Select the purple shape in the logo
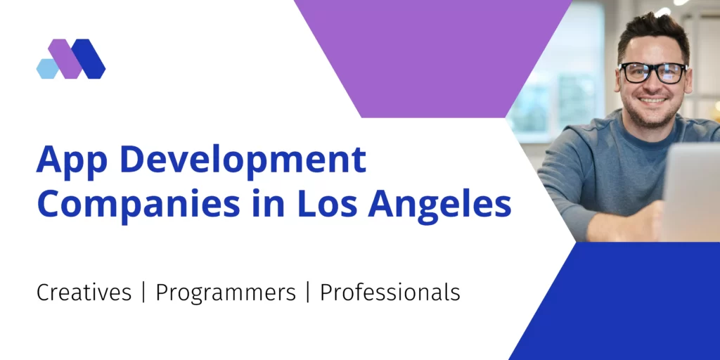(x=66, y=58)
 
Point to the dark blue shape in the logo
(x=89, y=58)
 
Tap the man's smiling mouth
(x=653, y=101)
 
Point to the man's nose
(x=653, y=85)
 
